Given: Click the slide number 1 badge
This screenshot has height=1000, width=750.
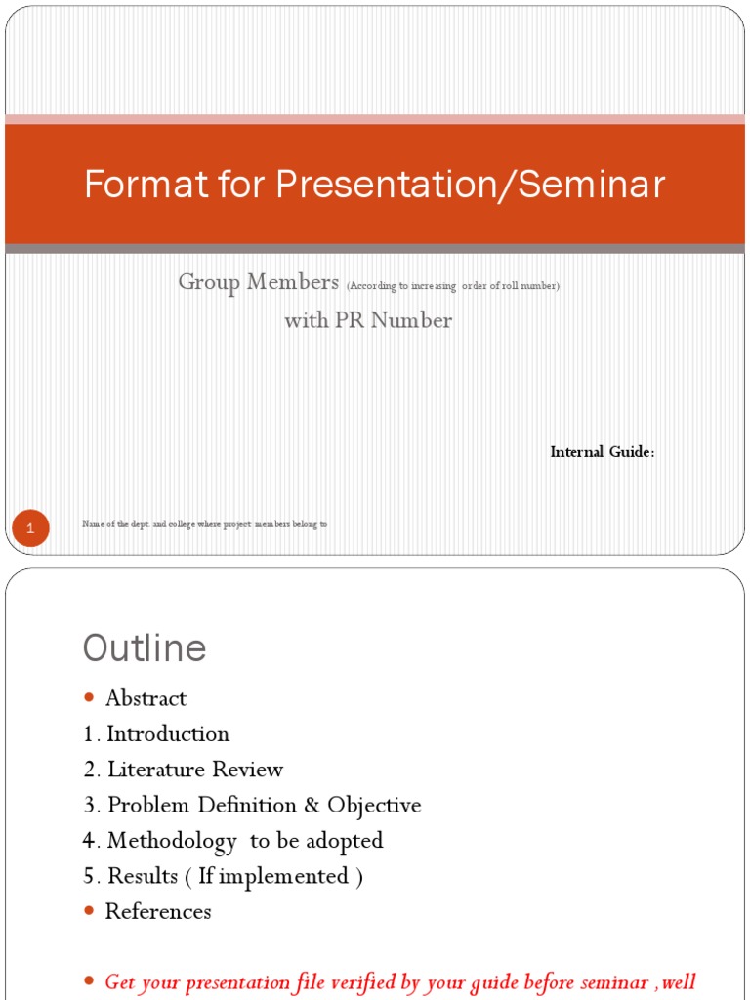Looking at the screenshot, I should (x=30, y=529).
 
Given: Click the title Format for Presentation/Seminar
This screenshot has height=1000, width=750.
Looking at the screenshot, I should (x=374, y=185).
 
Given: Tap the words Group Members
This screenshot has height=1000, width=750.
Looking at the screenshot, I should (x=257, y=282).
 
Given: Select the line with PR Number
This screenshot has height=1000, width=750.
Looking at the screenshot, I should (x=368, y=320).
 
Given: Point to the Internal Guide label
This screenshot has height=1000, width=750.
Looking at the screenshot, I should (x=602, y=452).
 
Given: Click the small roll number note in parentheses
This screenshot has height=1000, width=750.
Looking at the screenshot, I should (x=452, y=285).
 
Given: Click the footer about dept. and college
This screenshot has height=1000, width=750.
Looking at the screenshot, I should (x=204, y=524).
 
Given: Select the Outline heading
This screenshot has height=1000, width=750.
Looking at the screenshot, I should (x=145, y=648).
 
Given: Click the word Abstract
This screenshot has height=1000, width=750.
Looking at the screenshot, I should (x=146, y=698).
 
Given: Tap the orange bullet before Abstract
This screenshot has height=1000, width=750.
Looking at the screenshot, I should (x=90, y=697).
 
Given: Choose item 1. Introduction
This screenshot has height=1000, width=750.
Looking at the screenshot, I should (x=156, y=733).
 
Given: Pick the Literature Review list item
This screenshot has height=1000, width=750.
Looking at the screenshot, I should (x=184, y=770).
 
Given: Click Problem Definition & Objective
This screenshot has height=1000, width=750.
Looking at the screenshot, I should (x=253, y=805).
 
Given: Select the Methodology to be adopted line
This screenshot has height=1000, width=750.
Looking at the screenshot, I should (x=233, y=840).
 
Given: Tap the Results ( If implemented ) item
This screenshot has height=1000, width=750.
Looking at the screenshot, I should (x=224, y=876).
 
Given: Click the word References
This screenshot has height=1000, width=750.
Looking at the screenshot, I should (x=158, y=911).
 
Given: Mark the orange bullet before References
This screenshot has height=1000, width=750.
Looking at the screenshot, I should (x=90, y=910).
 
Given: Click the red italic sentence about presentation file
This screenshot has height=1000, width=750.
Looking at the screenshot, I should (x=400, y=981).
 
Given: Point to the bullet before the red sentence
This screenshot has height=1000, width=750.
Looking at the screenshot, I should (x=90, y=980).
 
